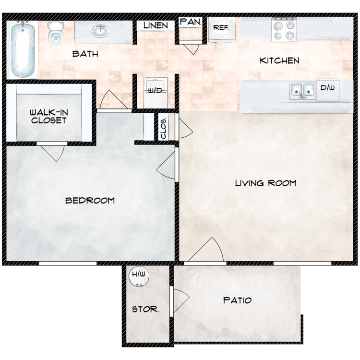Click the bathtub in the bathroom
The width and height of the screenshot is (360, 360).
click(23, 49)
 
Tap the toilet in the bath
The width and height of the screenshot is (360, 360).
click(55, 34)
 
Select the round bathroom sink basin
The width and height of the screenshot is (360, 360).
click(101, 32)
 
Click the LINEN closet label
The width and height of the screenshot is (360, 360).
click(156, 25)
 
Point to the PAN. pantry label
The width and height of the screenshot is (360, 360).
click(191, 22)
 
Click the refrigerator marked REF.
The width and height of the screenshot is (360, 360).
click(222, 30)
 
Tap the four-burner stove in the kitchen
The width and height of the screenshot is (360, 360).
click(284, 30)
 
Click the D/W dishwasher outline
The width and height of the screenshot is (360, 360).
click(328, 90)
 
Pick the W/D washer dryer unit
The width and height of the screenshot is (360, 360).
click(156, 93)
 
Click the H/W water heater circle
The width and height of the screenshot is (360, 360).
click(139, 276)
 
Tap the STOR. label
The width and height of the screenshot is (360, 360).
click(145, 309)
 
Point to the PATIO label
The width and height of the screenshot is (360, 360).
click(238, 300)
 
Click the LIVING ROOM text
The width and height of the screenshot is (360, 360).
click(266, 183)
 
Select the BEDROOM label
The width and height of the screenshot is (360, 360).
click(90, 201)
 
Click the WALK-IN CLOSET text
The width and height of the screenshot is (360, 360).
click(49, 117)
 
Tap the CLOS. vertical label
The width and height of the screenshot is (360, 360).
click(164, 129)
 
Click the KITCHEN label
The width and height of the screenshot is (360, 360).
click(280, 60)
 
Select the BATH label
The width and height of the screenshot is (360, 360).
click(85, 54)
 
